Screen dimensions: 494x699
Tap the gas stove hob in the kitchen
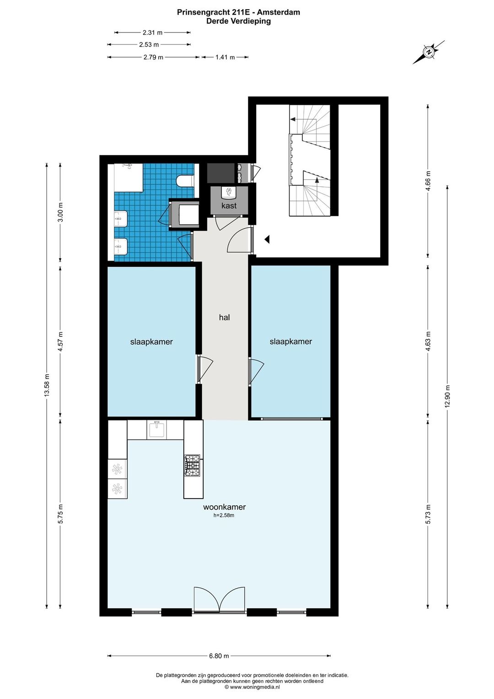tap(193, 465)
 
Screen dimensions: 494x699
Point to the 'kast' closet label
tap(229, 206)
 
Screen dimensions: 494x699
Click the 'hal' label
tap(224, 317)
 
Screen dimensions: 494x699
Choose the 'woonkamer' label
tap(224, 507)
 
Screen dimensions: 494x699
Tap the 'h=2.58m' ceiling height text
tap(224, 515)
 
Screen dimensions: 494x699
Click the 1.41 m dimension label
tap(225, 57)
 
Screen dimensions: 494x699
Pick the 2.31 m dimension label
tap(152, 32)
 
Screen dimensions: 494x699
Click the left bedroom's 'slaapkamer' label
tap(151, 341)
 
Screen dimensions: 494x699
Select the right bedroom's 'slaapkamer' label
tap(290, 341)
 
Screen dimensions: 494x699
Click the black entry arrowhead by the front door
tap(267, 239)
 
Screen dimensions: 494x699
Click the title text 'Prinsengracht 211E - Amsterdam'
tap(239, 12)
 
